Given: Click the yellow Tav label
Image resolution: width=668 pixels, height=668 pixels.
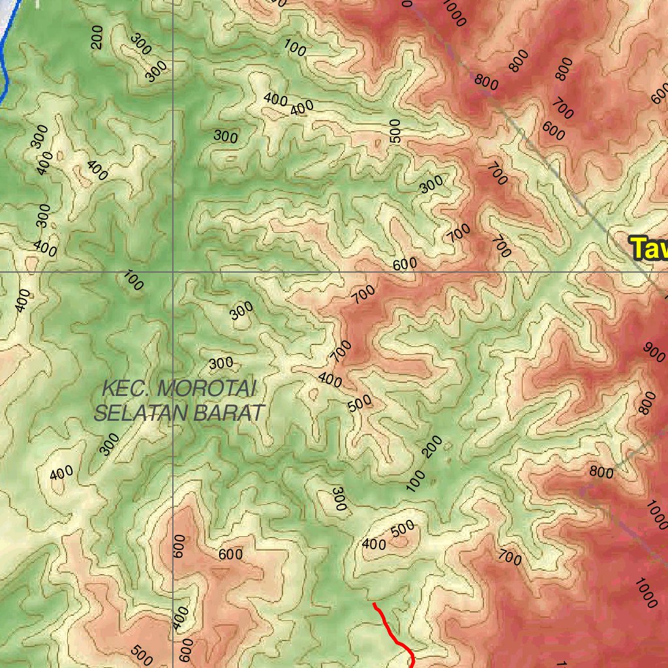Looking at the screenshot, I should tap(649, 249).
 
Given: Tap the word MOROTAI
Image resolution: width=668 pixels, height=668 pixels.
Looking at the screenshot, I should tap(207, 389).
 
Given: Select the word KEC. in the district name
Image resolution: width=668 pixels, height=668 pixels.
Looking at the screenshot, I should tap(127, 389).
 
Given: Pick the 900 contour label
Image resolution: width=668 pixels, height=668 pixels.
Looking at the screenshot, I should tap(654, 350).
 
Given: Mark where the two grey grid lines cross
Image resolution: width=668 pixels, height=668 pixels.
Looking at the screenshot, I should tap(173, 271).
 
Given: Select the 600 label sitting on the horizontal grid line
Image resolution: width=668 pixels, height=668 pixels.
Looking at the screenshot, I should tap(404, 265).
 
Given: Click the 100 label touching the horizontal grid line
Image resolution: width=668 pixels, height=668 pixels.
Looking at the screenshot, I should tap(133, 281).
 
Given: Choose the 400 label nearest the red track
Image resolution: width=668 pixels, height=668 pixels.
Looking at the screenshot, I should tap(374, 543).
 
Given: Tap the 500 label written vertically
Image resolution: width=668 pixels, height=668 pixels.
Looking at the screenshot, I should tap(394, 131).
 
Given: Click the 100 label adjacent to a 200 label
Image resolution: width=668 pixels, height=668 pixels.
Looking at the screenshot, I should tap(416, 480).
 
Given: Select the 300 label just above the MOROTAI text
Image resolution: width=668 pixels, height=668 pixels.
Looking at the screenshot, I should tap(220, 363).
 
